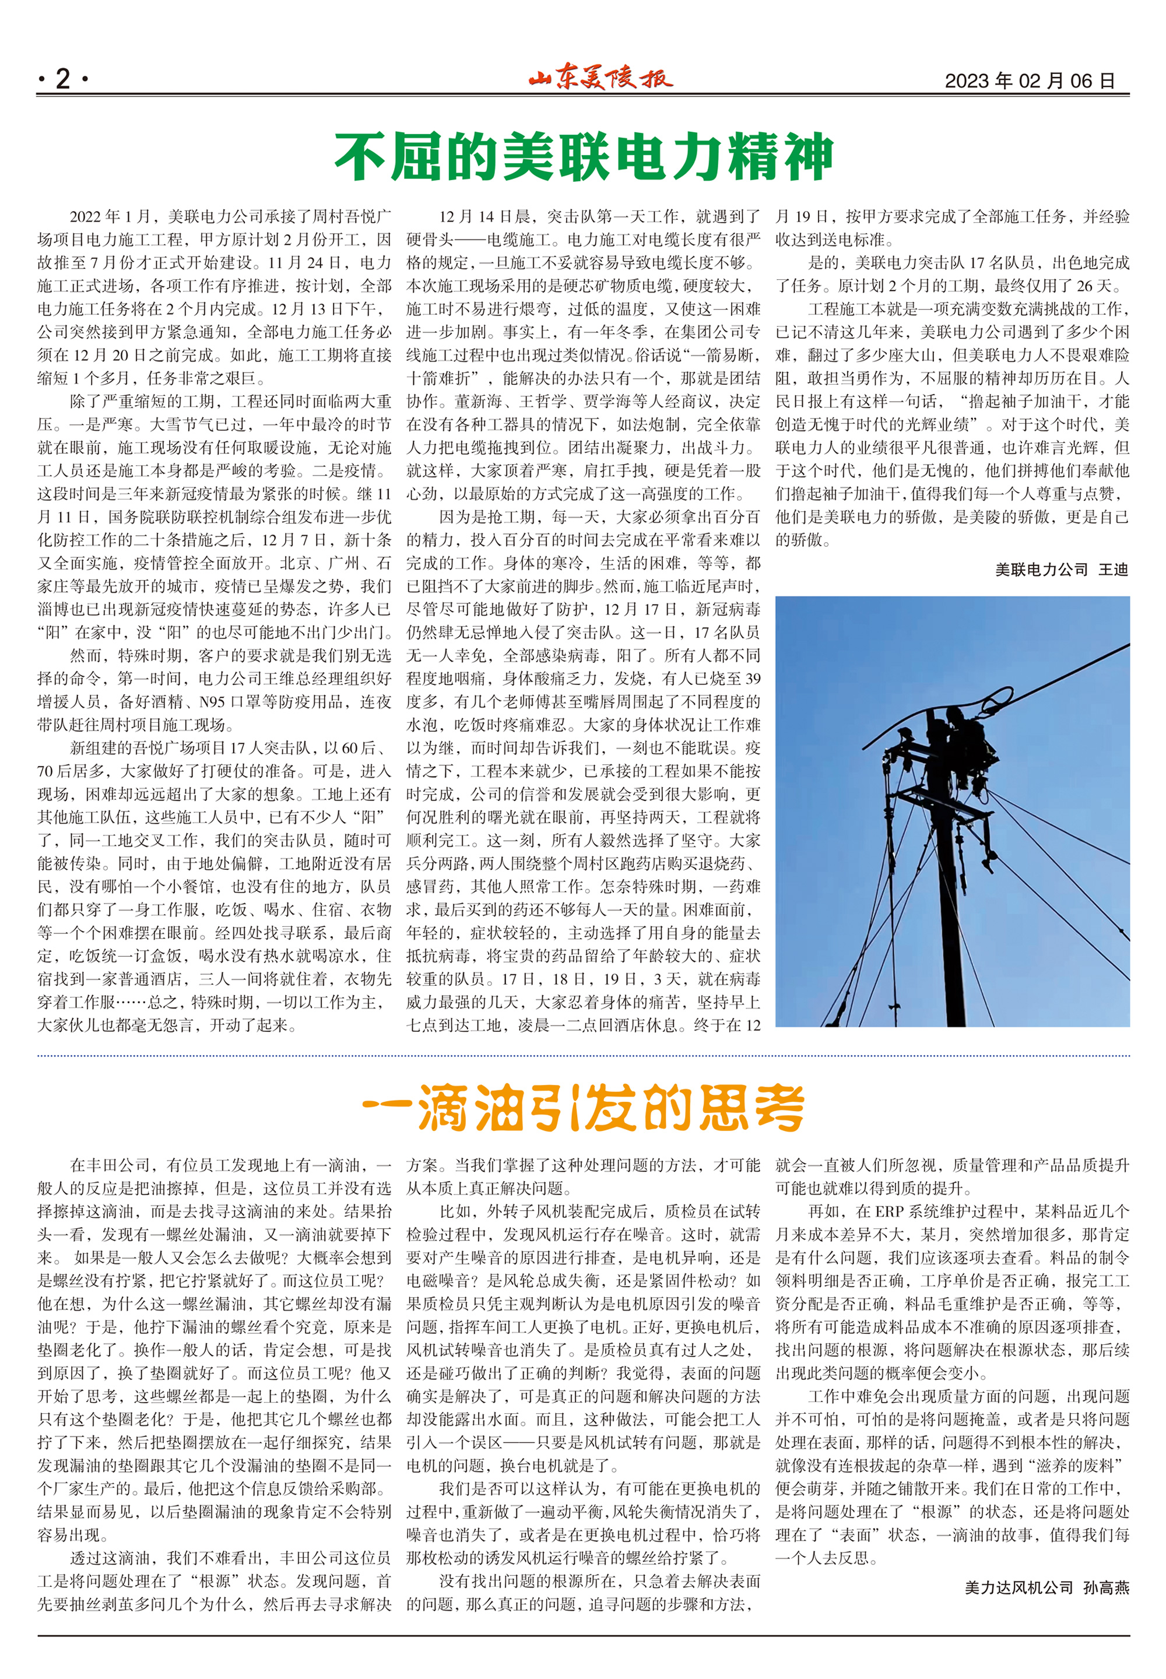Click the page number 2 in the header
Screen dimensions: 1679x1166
62,79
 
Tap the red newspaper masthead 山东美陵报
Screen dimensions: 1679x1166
600,78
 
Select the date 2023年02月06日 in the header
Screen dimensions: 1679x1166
1030,80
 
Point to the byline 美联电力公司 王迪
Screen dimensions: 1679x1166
1061,569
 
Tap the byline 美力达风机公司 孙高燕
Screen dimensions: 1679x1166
1046,1587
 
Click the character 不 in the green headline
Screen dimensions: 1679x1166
361,156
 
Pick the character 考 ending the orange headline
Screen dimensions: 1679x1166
779,1107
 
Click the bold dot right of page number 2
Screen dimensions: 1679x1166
86,79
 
